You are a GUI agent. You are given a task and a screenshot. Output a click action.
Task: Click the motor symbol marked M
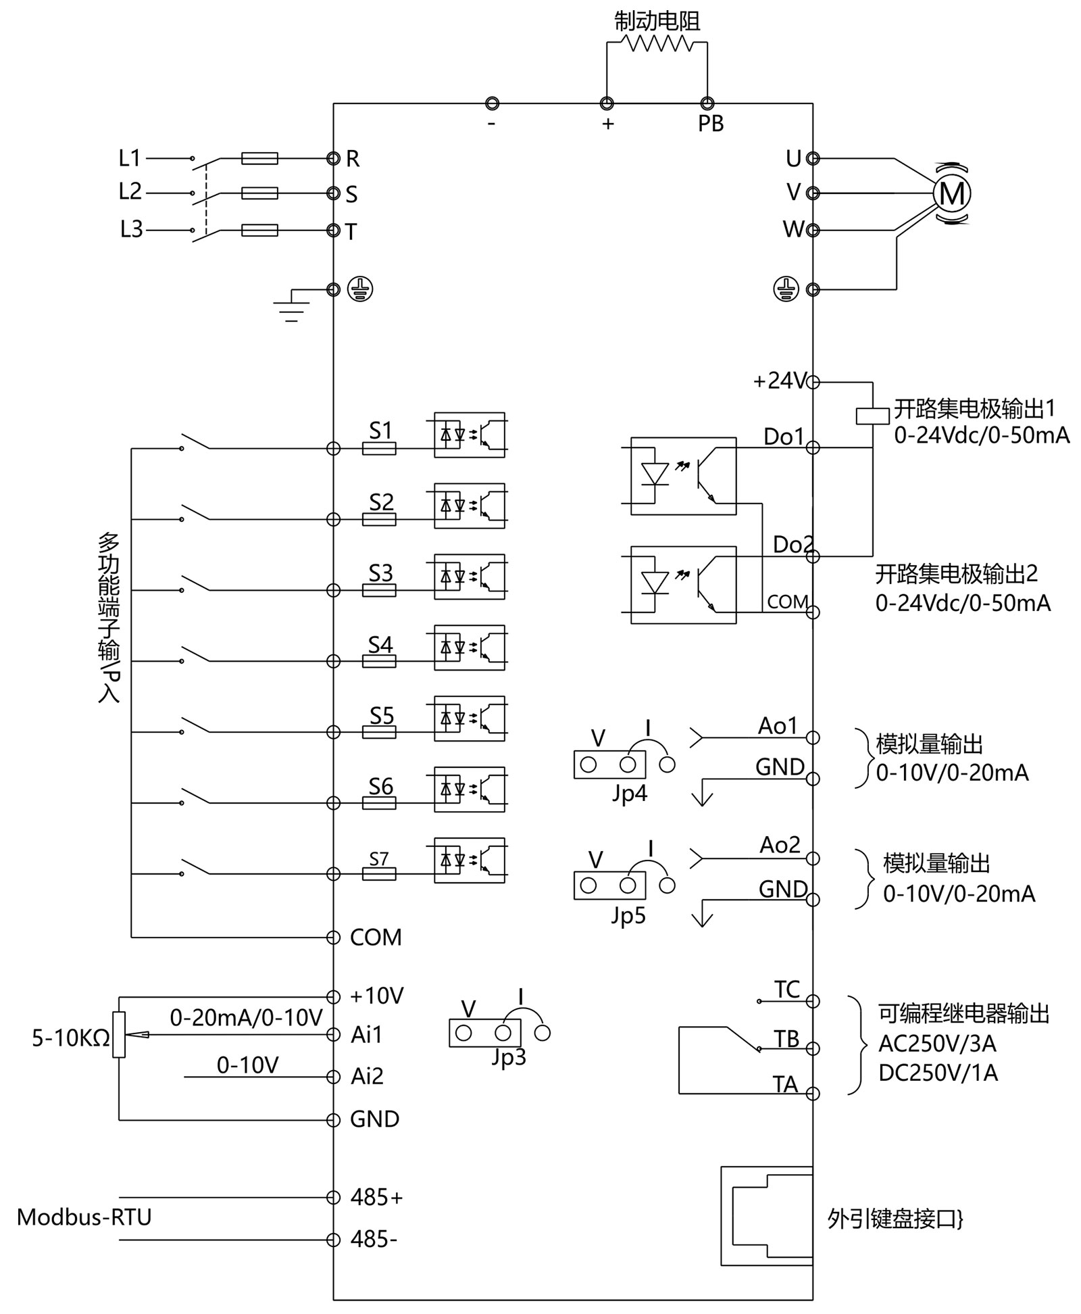[x=951, y=194]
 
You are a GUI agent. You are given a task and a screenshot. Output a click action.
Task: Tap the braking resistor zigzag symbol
[x=657, y=43]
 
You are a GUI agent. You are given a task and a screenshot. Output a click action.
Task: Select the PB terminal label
[x=711, y=124]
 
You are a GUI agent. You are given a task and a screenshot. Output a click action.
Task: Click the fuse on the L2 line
[x=259, y=193]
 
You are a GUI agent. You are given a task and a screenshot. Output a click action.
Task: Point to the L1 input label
[x=129, y=158]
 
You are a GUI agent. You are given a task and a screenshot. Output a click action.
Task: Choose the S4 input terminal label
[x=380, y=645]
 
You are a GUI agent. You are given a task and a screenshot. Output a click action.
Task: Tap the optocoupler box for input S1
[x=469, y=435]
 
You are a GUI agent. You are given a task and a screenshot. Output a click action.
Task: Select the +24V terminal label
[x=780, y=381]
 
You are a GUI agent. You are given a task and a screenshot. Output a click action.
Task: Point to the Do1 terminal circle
[x=813, y=447]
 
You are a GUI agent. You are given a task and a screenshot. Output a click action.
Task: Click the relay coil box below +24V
[x=872, y=416]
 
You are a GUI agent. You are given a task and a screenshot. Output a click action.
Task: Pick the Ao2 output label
[x=780, y=845]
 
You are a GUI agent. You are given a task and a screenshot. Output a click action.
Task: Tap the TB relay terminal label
[x=786, y=1039]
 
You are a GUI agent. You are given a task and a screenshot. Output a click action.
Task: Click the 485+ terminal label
[x=376, y=1197]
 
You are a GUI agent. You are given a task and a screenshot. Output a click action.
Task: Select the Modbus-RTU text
[x=84, y=1217]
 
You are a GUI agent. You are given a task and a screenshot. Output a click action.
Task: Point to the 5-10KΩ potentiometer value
[x=71, y=1038]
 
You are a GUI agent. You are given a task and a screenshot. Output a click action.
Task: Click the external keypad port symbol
[x=767, y=1215]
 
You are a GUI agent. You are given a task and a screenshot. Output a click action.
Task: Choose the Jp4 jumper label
[x=630, y=793]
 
